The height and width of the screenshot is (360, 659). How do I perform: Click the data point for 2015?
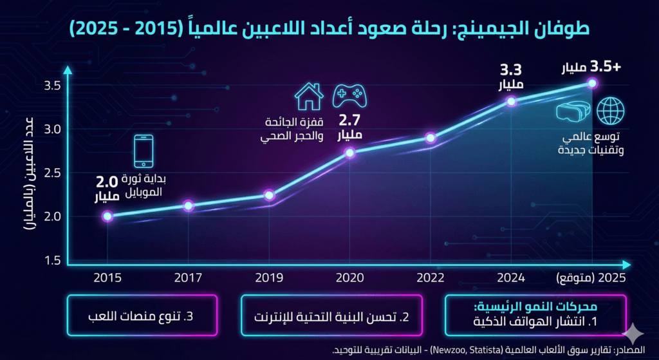(x=107, y=216)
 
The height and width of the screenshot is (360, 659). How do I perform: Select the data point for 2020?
(x=349, y=153)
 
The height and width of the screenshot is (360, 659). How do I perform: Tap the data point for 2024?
(x=511, y=101)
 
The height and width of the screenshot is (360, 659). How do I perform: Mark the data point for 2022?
(x=431, y=138)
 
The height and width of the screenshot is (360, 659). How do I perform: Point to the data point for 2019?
(x=269, y=195)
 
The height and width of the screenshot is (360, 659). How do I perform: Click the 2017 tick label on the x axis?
(x=188, y=278)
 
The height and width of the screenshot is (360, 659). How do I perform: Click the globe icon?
(x=610, y=111)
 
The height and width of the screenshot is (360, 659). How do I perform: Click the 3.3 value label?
(x=510, y=70)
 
